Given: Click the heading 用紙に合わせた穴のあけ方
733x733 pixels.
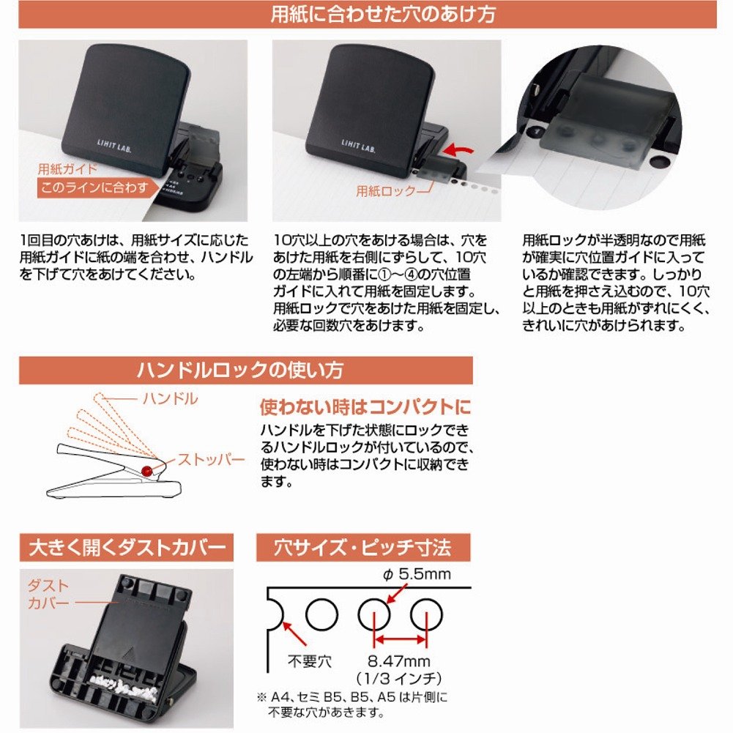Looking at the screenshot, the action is click(x=382, y=14).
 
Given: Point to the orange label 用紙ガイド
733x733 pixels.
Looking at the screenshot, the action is click(x=67, y=168).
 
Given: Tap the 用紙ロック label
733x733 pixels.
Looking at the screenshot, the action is click(x=386, y=190).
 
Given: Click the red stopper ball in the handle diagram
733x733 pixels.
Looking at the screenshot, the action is click(x=146, y=471).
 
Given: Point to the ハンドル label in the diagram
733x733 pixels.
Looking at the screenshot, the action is click(x=171, y=399).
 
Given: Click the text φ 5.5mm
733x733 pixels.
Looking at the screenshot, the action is click(x=417, y=574).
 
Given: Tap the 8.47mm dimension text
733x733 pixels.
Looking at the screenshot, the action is click(x=399, y=661).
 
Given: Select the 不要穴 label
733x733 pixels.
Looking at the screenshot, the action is click(x=309, y=661).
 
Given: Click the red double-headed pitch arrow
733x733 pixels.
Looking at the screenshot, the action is click(x=401, y=639).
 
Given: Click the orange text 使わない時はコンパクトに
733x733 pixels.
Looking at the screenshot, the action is click(x=365, y=407).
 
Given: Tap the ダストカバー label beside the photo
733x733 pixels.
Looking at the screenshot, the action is click(x=48, y=594).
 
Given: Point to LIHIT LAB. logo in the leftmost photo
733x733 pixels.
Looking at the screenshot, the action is click(x=114, y=146).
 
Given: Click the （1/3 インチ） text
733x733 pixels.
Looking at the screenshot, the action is click(x=399, y=678).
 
